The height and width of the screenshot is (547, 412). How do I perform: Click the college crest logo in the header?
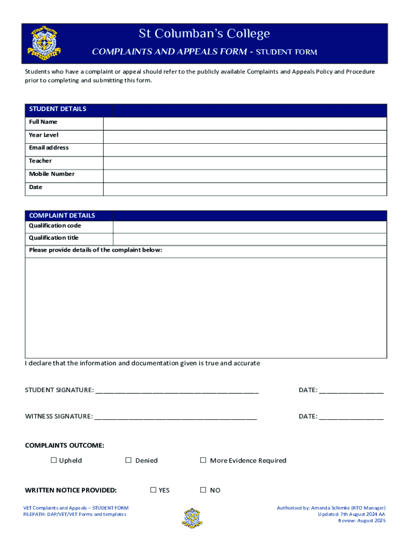[44, 43]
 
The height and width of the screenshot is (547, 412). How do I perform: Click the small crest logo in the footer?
[192, 518]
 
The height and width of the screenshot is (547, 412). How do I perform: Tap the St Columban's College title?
[204, 34]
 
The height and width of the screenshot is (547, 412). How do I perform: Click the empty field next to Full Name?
[245, 123]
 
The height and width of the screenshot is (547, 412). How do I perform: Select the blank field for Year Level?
[245, 136]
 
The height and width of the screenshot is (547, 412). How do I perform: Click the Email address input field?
[245, 150]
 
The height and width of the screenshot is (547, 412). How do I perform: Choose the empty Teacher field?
[245, 163]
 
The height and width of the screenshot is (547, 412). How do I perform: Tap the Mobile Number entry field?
[245, 176]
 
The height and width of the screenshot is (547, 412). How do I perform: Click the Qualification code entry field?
[249, 226]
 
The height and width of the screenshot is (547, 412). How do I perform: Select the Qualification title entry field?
[249, 239]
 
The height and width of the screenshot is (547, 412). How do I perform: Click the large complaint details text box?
[206, 308]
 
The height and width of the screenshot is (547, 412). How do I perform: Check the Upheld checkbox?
[54, 460]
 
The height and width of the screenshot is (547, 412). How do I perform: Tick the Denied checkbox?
[128, 460]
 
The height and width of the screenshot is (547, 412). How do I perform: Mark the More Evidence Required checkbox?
[203, 460]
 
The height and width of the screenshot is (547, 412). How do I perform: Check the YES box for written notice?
[153, 490]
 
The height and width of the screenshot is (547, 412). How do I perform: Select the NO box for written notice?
[203, 490]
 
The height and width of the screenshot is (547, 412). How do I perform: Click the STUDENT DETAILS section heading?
[58, 109]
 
